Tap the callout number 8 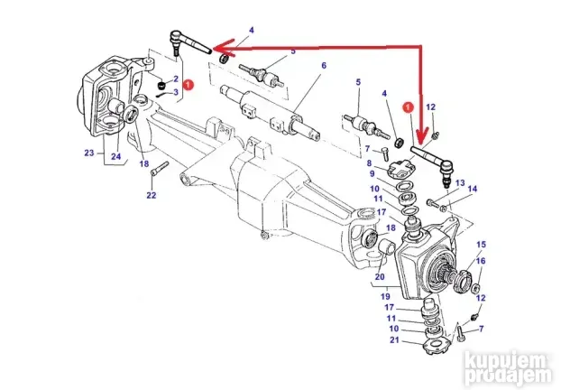369,162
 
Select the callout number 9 369,177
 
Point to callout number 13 459,183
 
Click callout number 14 474,190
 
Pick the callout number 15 481,245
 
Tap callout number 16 481,261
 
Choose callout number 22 151,195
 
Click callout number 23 88,153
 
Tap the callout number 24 115,155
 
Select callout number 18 143,163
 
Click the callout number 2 161,79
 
